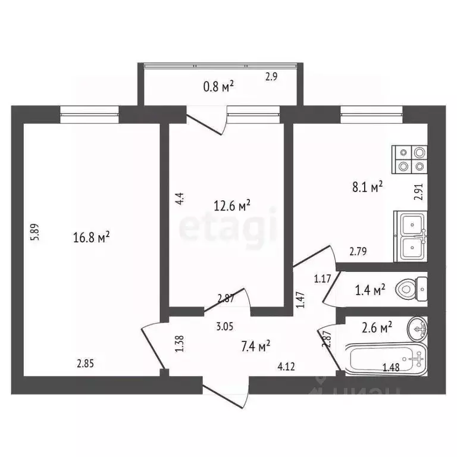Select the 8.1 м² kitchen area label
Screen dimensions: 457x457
click(x=368, y=188)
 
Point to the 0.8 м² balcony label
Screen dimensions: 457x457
click(x=218, y=87)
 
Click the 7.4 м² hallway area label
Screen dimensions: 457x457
click(x=256, y=345)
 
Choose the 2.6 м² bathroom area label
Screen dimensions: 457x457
click(x=377, y=327)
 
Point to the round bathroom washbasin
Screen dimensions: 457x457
click(x=417, y=326)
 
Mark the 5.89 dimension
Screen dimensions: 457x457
click(x=35, y=231)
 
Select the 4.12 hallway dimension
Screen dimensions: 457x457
click(x=286, y=366)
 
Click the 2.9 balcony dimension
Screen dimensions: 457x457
click(x=271, y=76)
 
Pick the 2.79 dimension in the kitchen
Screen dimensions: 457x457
click(x=358, y=251)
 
